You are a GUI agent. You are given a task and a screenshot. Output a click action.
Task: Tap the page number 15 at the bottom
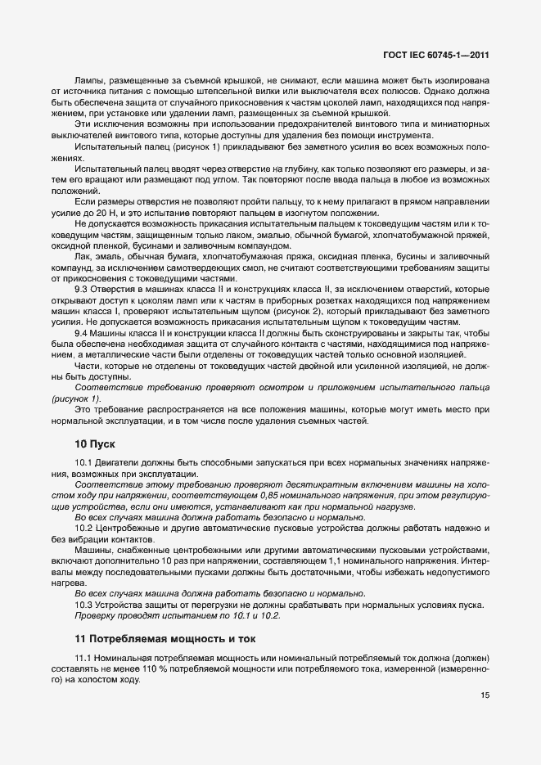485,695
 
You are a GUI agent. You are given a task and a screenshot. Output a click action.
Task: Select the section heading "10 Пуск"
96,444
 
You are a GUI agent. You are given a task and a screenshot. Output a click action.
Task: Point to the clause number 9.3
82,288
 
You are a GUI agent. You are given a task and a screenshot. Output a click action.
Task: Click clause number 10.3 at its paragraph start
83,604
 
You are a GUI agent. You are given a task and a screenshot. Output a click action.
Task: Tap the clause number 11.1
84,657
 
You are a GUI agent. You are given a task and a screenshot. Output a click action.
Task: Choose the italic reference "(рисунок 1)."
78,398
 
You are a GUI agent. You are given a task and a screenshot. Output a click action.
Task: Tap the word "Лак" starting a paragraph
83,257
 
